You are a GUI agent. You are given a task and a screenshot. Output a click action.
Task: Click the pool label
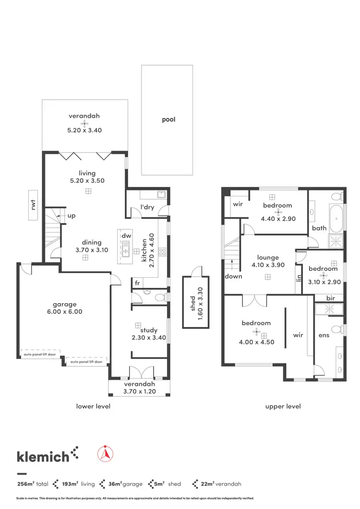click(168, 119)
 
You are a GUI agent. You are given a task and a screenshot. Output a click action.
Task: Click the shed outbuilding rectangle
click(196, 302)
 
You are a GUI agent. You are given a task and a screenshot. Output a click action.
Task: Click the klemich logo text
click(43, 456)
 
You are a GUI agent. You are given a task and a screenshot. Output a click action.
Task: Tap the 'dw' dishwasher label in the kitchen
click(126, 236)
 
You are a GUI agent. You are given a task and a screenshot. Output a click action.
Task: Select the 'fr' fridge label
click(137, 283)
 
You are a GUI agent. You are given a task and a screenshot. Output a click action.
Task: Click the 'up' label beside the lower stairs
click(71, 216)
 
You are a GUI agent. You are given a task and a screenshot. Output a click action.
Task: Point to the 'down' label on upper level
click(233, 276)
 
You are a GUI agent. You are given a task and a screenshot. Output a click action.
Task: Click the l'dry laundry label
click(146, 207)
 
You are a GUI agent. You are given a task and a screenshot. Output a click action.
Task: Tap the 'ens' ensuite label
click(324, 335)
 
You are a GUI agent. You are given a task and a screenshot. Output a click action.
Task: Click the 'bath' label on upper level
click(319, 228)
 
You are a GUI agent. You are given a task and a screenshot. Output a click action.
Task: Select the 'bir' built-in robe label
click(330, 298)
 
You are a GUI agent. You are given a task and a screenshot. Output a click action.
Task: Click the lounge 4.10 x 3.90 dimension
click(268, 264)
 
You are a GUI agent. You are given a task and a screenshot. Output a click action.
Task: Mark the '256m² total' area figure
click(33, 484)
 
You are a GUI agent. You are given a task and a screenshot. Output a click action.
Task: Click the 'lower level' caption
click(93, 406)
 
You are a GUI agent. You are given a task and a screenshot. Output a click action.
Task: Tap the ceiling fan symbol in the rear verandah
click(85, 123)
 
